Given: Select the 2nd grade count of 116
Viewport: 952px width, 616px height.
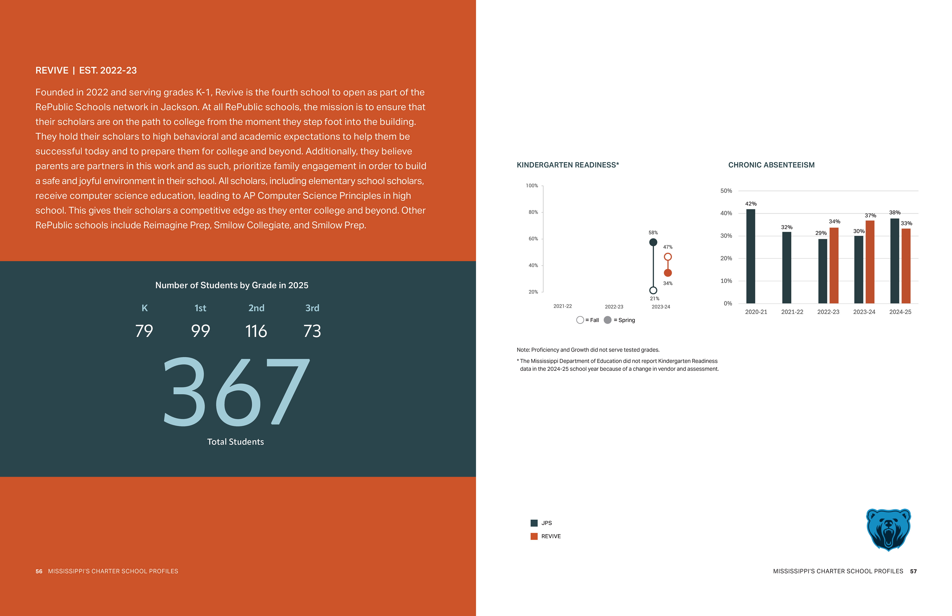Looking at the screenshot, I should (x=256, y=331).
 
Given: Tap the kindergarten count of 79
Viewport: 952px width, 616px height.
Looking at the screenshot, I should (x=144, y=331).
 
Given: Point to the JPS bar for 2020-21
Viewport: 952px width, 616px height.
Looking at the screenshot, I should (x=750, y=256).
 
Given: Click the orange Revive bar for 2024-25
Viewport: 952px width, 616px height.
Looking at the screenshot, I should (x=906, y=266).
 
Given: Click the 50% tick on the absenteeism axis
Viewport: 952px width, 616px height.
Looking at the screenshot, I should (x=726, y=191).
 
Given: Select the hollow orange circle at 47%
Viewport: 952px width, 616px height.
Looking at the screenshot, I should (x=668, y=257).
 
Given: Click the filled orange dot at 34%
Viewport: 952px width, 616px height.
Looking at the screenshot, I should (x=668, y=273).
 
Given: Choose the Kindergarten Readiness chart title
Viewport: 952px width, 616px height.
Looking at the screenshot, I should (x=567, y=165).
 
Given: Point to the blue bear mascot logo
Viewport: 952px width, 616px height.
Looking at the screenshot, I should (x=888, y=529).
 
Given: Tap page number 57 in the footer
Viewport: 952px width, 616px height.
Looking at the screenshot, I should (x=913, y=571).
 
